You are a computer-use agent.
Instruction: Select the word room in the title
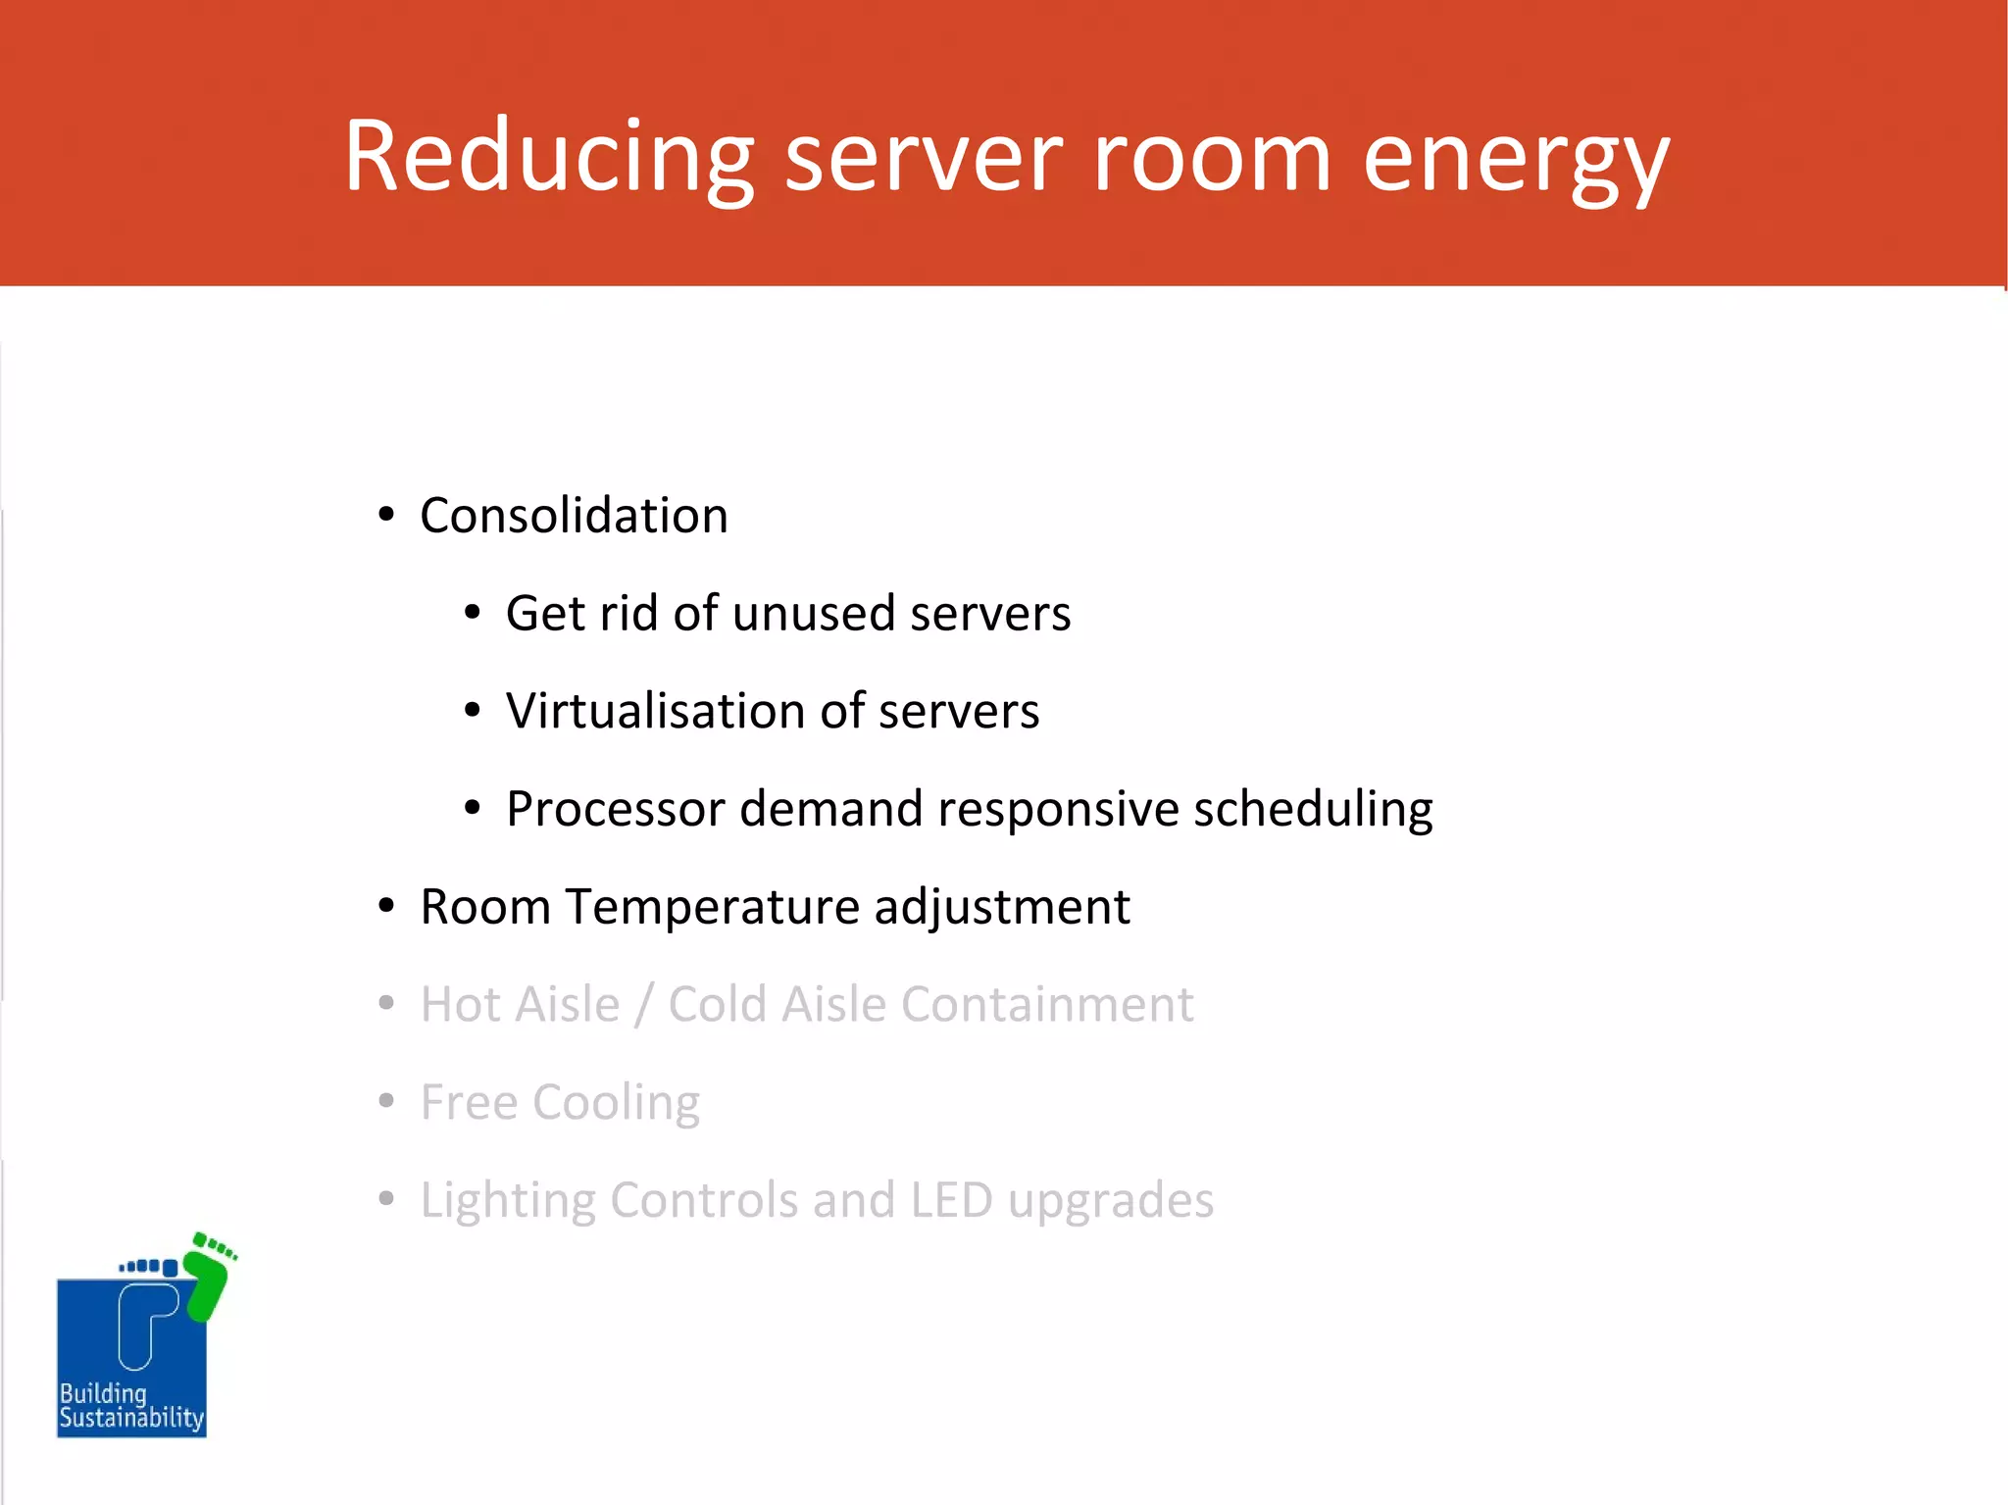click(x=1211, y=157)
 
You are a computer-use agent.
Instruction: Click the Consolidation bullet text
click(x=574, y=515)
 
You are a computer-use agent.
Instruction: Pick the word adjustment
click(x=1002, y=908)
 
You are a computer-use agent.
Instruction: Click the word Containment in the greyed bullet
click(x=1047, y=1004)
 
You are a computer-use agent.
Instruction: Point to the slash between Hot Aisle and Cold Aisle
click(x=644, y=1005)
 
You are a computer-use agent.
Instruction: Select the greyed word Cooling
click(x=616, y=1103)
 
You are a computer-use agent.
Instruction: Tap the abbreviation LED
click(x=951, y=1200)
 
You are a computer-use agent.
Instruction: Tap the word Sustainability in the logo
click(x=131, y=1419)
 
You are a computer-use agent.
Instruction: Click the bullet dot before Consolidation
click(x=386, y=515)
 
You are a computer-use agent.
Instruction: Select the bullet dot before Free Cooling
click(x=386, y=1101)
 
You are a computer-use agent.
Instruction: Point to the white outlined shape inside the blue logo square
click(x=143, y=1324)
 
